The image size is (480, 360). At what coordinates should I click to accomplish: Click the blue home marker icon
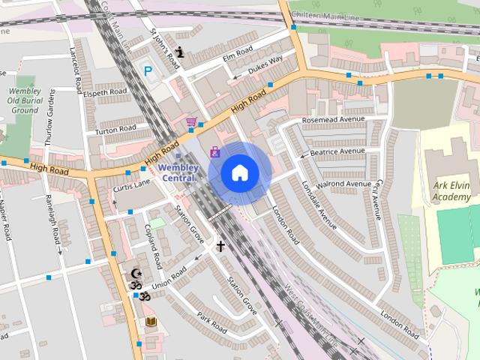(239, 173)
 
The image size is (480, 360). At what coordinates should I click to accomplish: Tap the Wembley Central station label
(178, 172)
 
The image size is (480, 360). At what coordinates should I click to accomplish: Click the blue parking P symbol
(148, 72)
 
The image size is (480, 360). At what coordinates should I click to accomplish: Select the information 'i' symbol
(180, 52)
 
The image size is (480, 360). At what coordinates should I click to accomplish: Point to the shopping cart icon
(191, 121)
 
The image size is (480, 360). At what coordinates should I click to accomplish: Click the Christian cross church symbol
(221, 245)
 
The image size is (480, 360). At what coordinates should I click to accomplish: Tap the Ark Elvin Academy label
(451, 191)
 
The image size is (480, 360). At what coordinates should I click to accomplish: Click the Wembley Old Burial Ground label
(24, 100)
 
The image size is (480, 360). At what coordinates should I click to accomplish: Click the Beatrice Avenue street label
(331, 151)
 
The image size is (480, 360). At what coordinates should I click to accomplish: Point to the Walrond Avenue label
(344, 184)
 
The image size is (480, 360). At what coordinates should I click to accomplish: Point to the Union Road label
(168, 279)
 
